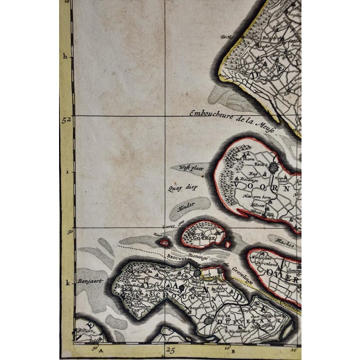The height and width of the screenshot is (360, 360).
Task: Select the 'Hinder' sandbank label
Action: point(186,207)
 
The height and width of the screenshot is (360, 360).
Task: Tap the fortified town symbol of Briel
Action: point(273,167)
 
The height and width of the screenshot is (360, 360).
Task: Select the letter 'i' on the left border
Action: point(66,173)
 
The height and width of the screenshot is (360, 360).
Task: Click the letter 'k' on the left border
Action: point(67,285)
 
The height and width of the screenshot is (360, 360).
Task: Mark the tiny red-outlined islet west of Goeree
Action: point(164,243)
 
